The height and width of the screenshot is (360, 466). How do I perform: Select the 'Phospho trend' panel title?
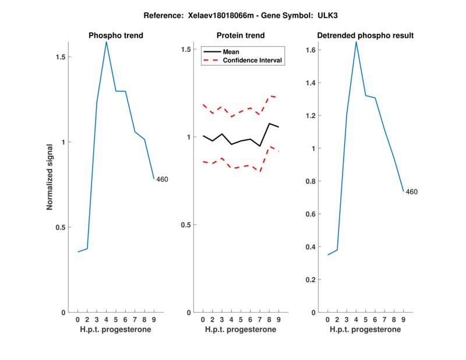tap(116, 36)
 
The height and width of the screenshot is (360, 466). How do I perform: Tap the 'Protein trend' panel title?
tap(241, 36)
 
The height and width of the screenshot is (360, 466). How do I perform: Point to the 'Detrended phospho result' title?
tap(365, 36)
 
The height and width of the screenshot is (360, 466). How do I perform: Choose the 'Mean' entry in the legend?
tap(231, 52)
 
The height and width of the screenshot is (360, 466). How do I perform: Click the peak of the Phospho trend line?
tap(107, 41)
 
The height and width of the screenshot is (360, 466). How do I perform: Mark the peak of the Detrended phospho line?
tap(356, 41)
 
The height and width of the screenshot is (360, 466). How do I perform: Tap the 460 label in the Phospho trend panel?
tap(162, 179)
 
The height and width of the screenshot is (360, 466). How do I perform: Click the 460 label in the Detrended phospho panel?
tap(411, 192)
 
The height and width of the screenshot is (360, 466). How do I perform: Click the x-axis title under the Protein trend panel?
tap(241, 330)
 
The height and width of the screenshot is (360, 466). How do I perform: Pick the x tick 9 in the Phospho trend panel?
tap(154, 320)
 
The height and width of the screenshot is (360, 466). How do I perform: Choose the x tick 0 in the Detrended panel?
tap(327, 320)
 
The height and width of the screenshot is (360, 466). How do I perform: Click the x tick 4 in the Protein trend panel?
tap(231, 320)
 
